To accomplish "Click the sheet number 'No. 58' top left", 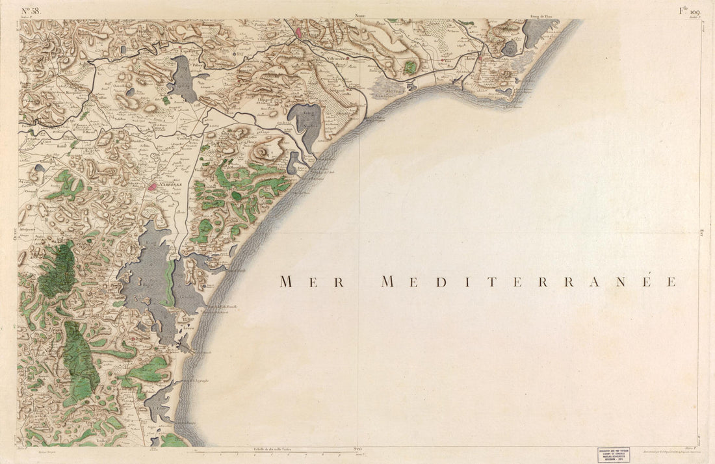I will (31, 10).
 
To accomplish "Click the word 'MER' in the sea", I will (312, 281).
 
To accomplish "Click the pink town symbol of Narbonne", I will (153, 187).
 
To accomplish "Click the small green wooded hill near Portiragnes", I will (409, 66).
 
